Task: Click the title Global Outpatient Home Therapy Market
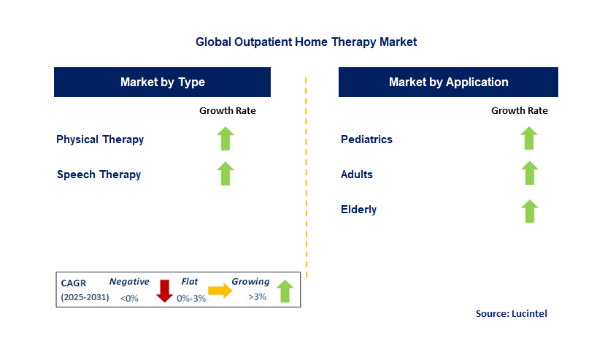tap(306, 42)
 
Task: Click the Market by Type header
tap(162, 82)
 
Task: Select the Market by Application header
tap(448, 82)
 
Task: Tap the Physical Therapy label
tap(100, 139)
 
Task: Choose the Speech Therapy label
tap(99, 175)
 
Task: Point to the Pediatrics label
tap(366, 139)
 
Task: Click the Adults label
tap(357, 175)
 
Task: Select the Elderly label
tap(358, 210)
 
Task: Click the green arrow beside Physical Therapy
tap(226, 139)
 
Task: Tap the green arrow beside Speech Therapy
tap(226, 174)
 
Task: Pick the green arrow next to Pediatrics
tap(529, 138)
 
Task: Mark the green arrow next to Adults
tap(529, 173)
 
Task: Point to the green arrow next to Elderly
tap(529, 210)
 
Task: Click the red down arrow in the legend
tap(164, 291)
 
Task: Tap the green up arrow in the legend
tap(285, 291)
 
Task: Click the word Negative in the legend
tap(129, 282)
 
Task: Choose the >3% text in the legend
tap(258, 297)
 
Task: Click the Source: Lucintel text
tap(511, 313)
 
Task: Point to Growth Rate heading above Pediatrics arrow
tap(519, 111)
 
